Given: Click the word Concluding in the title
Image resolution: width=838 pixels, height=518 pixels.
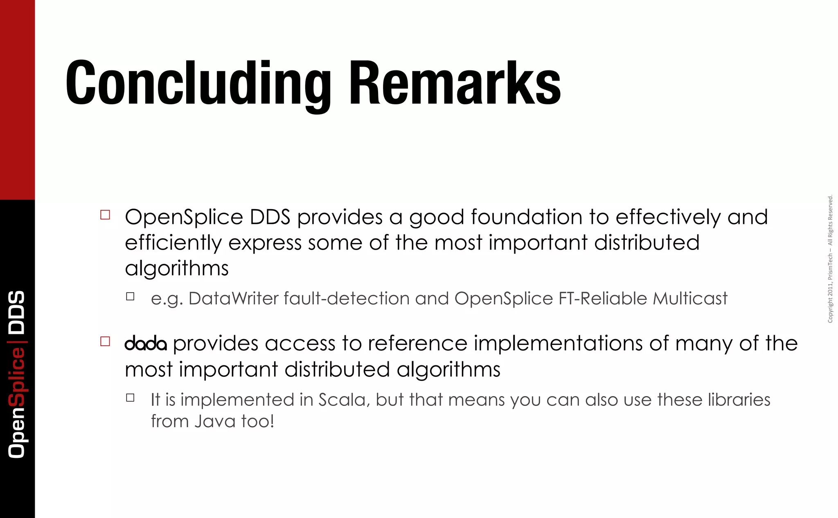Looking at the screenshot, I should [x=198, y=83].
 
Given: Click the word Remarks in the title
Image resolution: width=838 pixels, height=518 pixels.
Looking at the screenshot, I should [x=455, y=83].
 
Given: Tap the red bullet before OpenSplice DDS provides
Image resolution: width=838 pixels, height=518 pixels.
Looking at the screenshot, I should [x=105, y=215].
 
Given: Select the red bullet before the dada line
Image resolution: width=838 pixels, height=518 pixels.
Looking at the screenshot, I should [x=105, y=341].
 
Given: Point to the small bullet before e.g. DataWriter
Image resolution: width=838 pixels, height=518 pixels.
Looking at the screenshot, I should [x=130, y=297].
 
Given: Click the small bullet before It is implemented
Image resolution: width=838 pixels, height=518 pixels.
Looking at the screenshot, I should [x=130, y=398].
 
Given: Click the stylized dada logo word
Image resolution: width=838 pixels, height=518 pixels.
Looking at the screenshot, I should [x=146, y=344].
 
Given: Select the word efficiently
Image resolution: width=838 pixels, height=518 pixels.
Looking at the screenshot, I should [x=173, y=243].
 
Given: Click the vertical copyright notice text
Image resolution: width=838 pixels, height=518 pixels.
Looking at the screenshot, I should [x=830, y=259].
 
